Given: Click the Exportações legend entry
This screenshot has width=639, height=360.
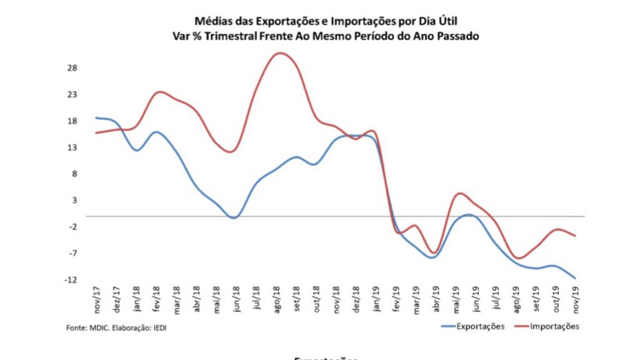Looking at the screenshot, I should pos(479,326).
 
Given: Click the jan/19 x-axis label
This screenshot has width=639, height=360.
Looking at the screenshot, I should pos(376,298).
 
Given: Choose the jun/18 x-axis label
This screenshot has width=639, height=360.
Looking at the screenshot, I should pos(237,298).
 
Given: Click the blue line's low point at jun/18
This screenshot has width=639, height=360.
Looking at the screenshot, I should pos(233,218).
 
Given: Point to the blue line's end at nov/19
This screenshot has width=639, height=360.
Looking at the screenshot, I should pos(575,278).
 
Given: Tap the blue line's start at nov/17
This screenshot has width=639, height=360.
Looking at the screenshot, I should pos(96,117).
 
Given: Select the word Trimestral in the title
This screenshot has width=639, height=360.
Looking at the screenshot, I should pos(231,36).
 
